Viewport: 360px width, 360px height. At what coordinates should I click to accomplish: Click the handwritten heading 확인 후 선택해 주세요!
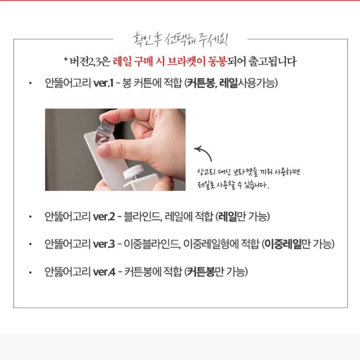(x=180, y=40)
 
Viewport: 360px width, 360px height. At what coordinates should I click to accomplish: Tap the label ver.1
(x=104, y=83)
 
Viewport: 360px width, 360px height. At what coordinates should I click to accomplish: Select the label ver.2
(x=104, y=216)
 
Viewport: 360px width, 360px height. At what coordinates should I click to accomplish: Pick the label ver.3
(x=104, y=244)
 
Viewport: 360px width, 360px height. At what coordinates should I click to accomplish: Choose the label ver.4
(x=104, y=272)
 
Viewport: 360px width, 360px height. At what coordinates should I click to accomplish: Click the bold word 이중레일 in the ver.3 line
(x=283, y=244)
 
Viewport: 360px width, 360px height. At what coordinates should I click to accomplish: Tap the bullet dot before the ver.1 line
(x=30, y=84)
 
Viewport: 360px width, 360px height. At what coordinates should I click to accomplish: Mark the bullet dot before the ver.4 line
(x=30, y=273)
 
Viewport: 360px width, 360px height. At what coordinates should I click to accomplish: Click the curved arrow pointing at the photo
(x=201, y=151)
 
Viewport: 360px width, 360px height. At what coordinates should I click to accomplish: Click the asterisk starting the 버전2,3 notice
(x=66, y=60)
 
